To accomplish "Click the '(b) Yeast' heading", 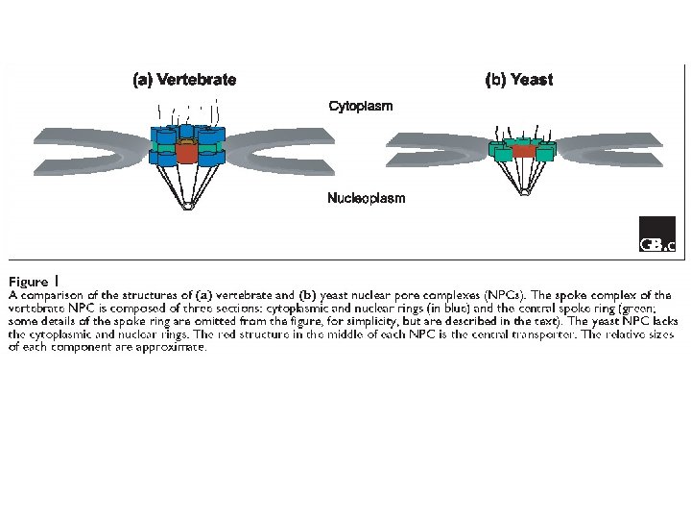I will [518, 80].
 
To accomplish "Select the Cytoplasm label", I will [361, 106].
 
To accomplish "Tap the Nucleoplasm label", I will [366, 199].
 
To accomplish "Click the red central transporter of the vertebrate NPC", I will [186, 152].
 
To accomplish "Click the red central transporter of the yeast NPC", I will [523, 151].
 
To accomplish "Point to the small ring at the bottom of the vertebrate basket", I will [187, 204].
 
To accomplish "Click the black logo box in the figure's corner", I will [657, 236].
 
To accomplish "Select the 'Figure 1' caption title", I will [29, 282].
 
